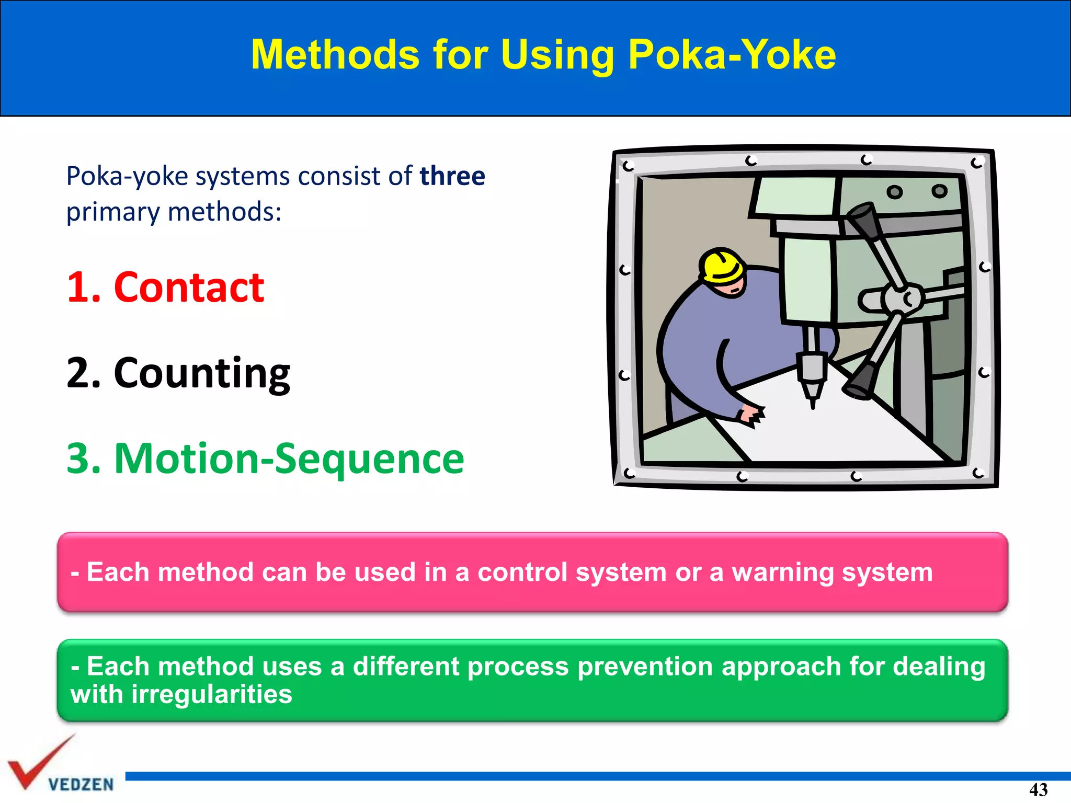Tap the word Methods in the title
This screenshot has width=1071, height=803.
coord(335,55)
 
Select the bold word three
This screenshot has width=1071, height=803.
coord(452,176)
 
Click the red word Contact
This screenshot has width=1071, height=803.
coord(189,288)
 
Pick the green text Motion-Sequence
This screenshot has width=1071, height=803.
coord(289,458)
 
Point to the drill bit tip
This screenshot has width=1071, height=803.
coord(813,404)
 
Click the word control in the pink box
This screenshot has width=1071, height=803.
coord(522,572)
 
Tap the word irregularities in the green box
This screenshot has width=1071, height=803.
coord(211,695)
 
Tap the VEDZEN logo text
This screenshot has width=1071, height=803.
coord(81,784)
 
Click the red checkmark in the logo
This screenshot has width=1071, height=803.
coord(37,763)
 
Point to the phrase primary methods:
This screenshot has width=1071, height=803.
coord(174,212)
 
